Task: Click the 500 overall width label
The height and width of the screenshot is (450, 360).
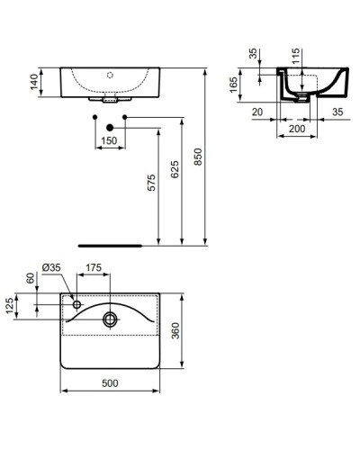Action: pos(109,383)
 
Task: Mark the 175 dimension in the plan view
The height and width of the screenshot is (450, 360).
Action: pos(93,267)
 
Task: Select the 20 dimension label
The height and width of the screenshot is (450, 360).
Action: pos(256,112)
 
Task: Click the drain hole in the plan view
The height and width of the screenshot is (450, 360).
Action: pos(110,317)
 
